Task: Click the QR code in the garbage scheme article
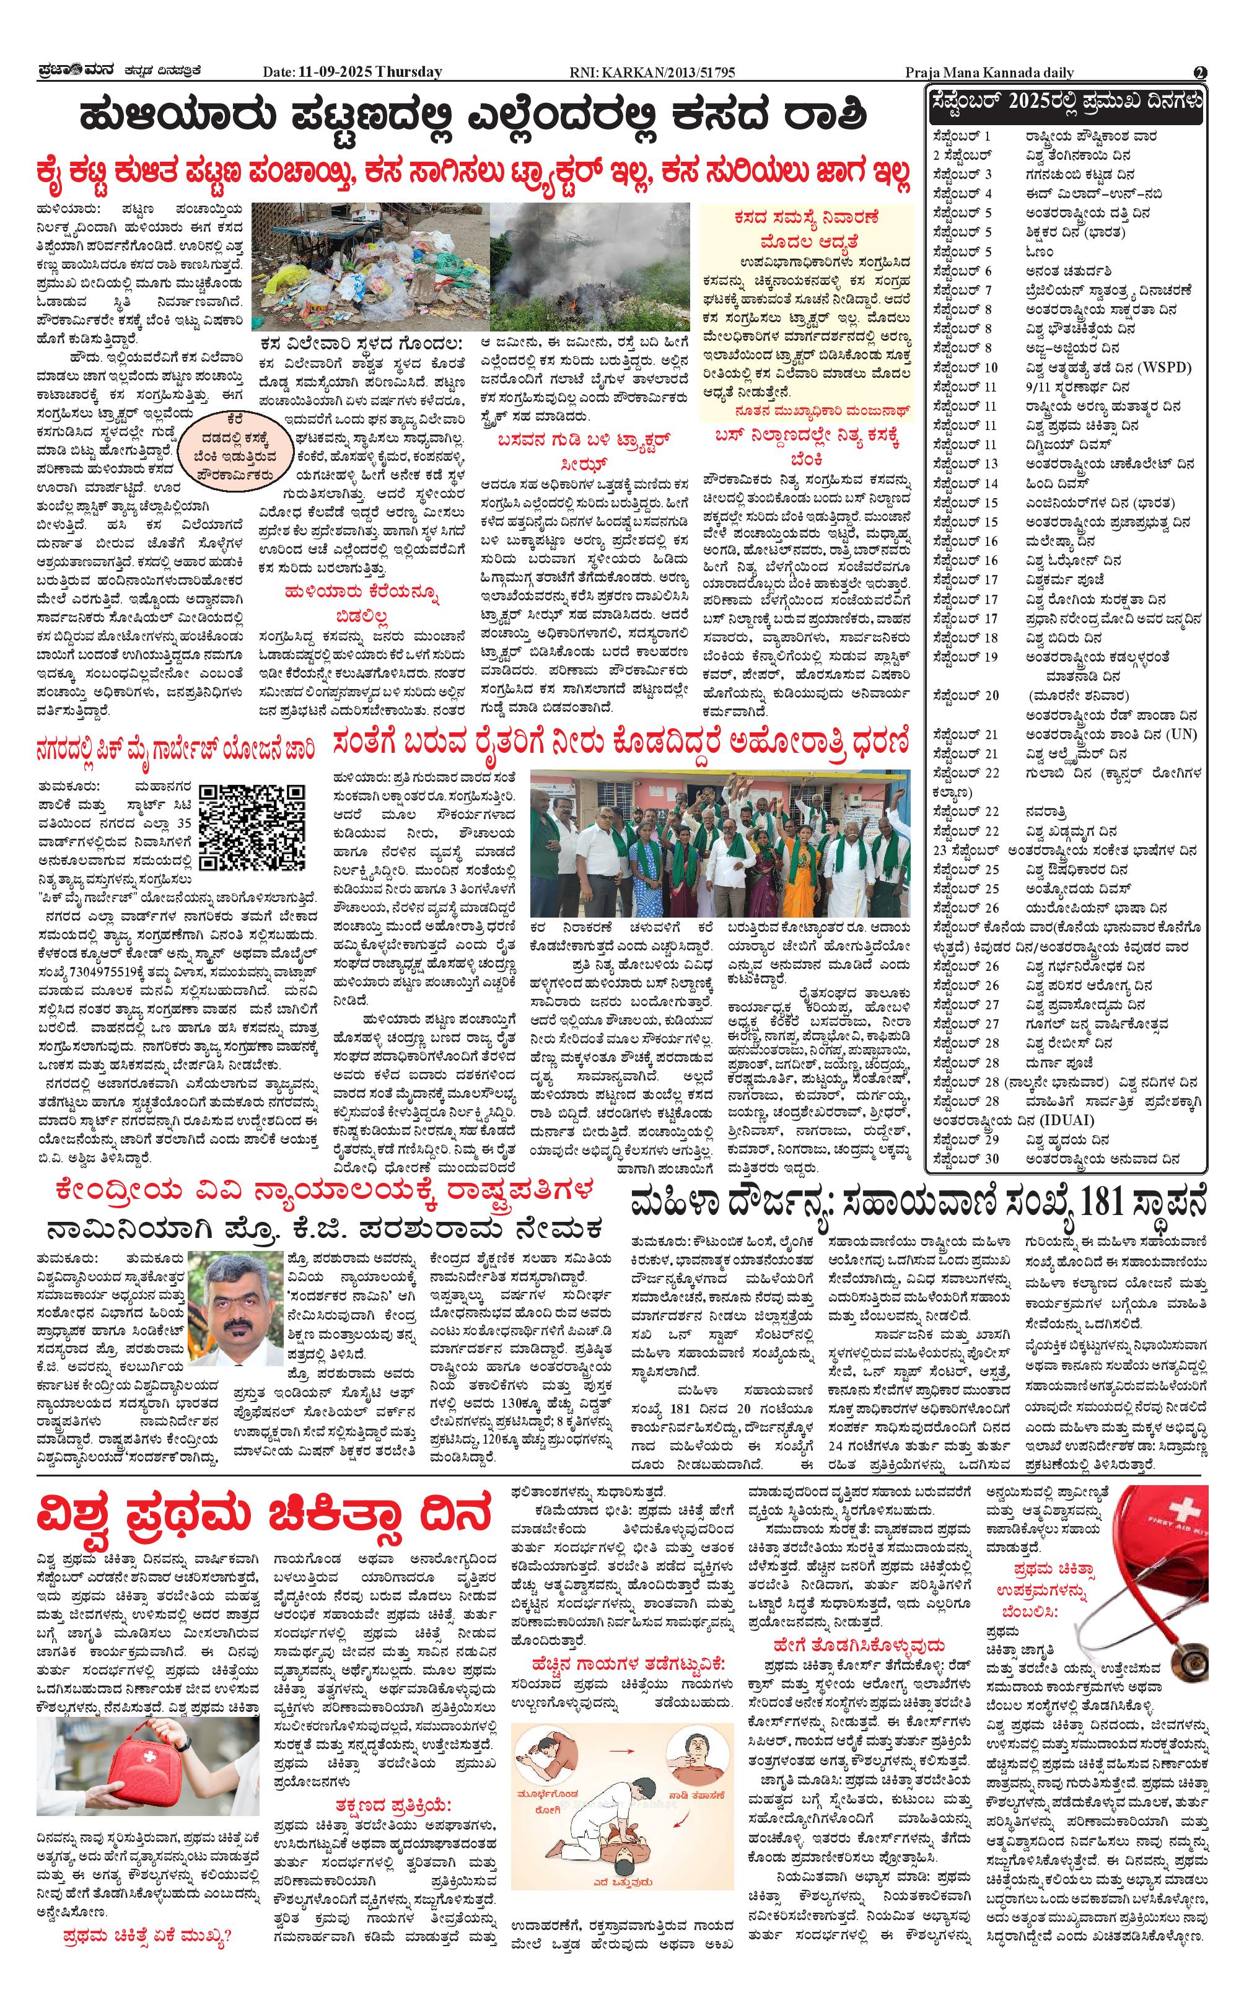[253, 828]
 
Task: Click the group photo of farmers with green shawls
[720, 841]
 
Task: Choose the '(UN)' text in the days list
[1182, 734]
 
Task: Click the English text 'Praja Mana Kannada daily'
[989, 72]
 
